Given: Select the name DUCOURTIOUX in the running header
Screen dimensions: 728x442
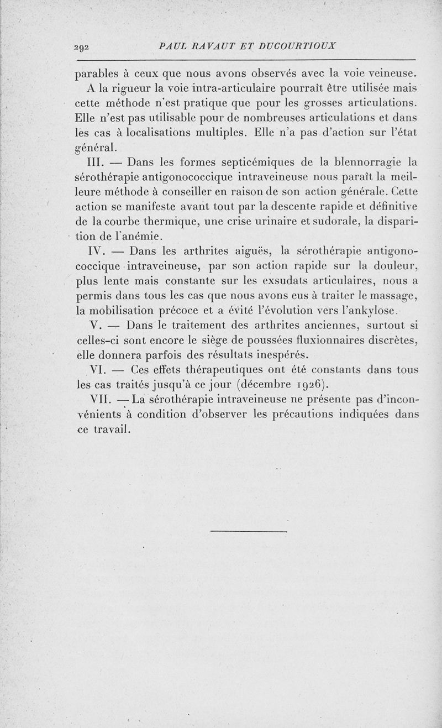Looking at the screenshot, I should pyautogui.click(x=300, y=46).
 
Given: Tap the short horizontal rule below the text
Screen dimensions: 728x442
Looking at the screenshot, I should pyautogui.click(x=249, y=532).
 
